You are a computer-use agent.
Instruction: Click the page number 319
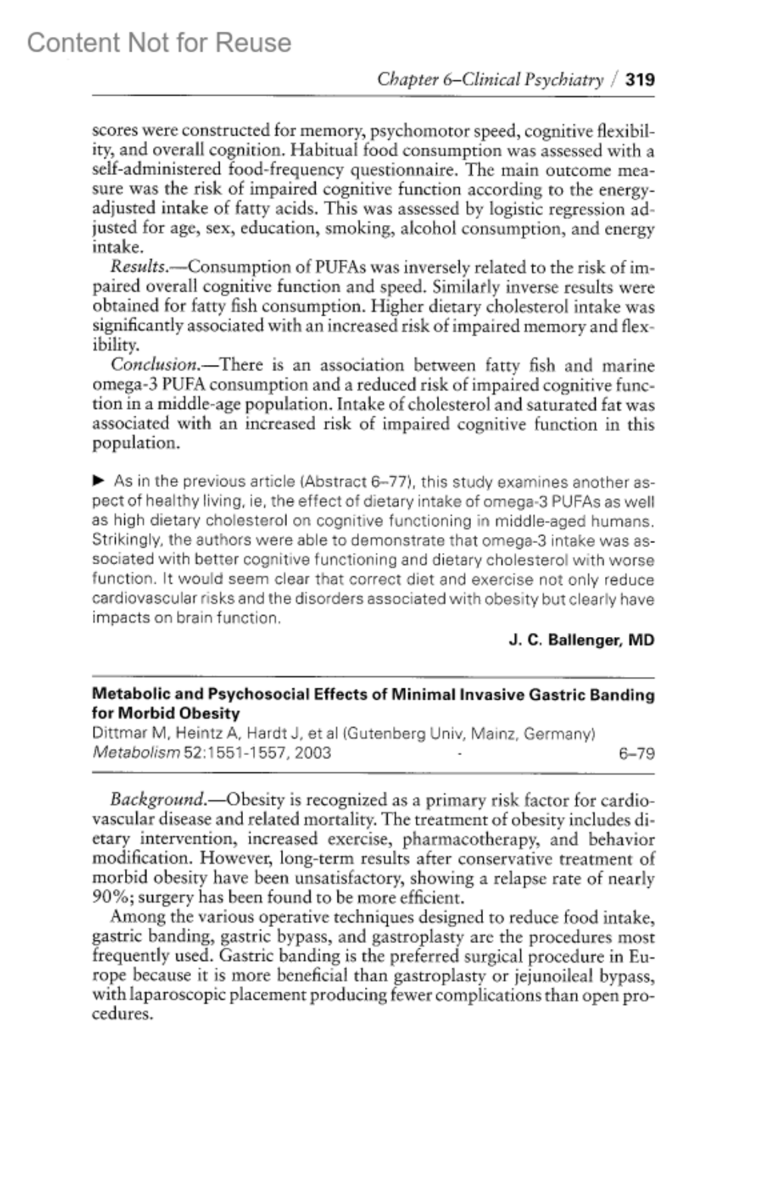640,80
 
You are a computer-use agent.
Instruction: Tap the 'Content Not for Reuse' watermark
159,43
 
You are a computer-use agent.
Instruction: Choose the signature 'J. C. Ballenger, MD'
581,640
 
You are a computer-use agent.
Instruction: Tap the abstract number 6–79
637,754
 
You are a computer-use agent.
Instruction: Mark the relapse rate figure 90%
111,898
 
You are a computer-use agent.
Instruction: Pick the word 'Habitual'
325,150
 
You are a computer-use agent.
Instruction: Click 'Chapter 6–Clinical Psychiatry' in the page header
490,80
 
